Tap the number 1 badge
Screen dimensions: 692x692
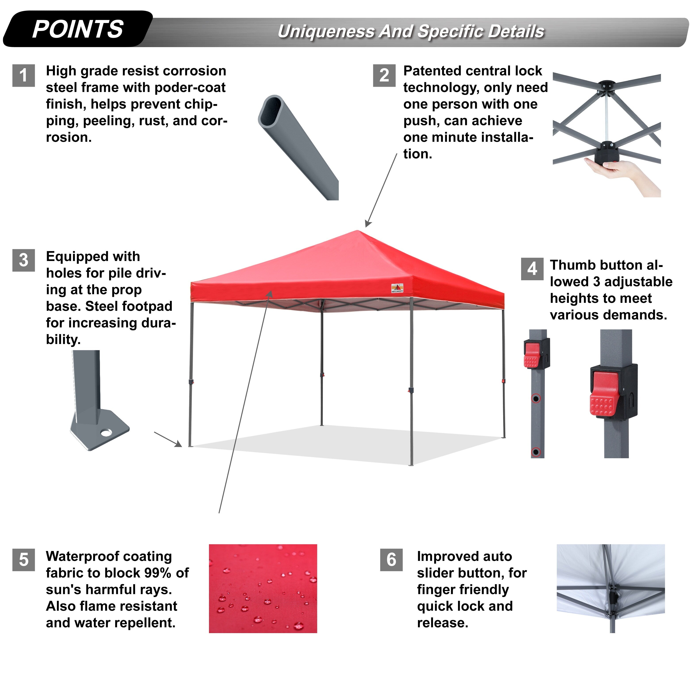coord(24,75)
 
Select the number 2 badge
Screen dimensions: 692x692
coord(384,75)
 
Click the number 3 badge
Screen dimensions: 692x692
coord(24,260)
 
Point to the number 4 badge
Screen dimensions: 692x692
coord(532,269)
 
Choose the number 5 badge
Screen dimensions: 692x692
coord(24,560)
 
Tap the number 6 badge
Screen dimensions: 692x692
coord(391,560)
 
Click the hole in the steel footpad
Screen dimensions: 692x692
coord(106,433)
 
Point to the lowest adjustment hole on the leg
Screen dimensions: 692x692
coord(536,452)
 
